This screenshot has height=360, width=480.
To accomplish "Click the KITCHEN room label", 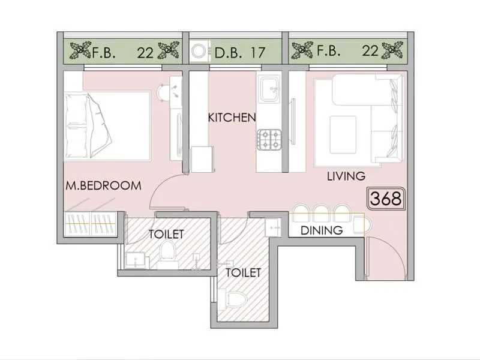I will point(232,117).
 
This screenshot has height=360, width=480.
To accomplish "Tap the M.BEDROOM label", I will point(103,185).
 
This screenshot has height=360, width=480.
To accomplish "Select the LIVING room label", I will point(346,176).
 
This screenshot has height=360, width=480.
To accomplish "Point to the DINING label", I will point(321,230).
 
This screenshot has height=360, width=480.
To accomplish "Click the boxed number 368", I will point(385,199).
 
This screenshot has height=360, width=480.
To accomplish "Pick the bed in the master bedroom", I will point(107,126).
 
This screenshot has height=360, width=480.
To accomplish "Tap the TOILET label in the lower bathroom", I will point(243,273).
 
